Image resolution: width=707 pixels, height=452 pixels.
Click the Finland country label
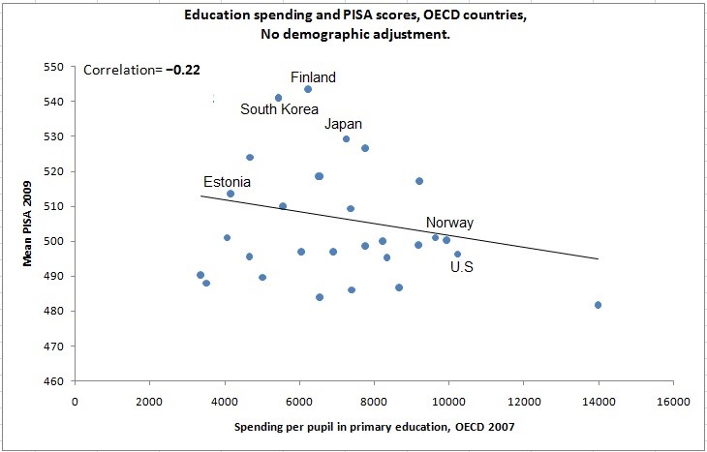(314, 77)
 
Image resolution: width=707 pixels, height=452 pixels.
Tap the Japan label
(344, 124)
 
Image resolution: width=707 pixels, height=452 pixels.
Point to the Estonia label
(227, 182)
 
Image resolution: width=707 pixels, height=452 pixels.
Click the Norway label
(449, 223)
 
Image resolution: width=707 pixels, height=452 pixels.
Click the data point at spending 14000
(599, 305)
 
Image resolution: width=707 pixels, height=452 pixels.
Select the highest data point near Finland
(308, 89)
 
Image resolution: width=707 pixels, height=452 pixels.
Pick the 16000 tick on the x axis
(673, 401)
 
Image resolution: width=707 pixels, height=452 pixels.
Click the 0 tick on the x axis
(75, 401)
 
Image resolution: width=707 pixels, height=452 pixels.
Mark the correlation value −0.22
(182, 70)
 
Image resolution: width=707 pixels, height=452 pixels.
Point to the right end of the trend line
(599, 258)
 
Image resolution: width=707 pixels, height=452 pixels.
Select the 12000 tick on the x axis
(523, 401)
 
